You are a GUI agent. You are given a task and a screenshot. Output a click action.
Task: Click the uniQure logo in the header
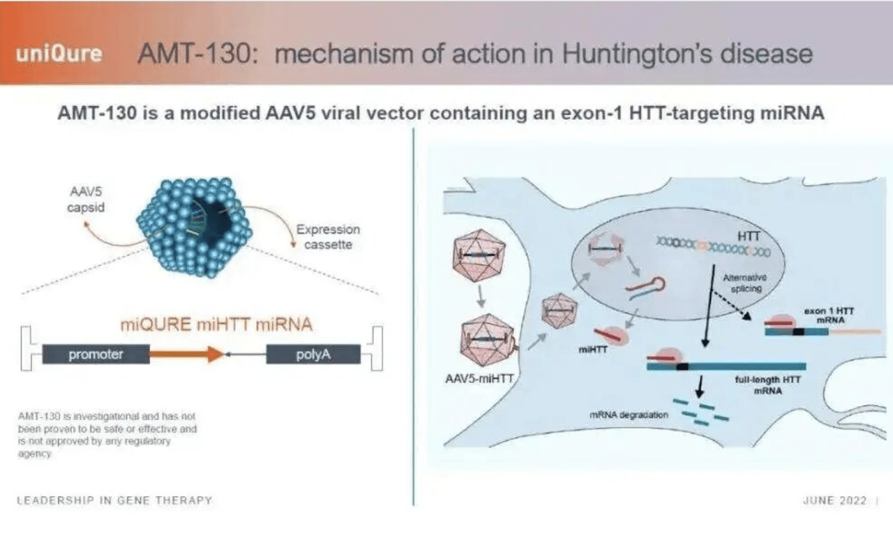click(59, 54)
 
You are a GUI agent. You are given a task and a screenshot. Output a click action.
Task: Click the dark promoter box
click(96, 354)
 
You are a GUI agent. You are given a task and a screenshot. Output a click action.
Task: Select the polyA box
click(313, 354)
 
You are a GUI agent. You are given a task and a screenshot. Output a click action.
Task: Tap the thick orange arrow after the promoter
click(186, 354)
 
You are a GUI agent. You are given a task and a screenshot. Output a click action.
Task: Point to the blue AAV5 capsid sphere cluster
click(195, 227)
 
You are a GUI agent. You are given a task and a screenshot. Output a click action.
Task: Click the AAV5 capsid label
click(86, 200)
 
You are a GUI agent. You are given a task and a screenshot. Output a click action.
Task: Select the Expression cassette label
click(328, 237)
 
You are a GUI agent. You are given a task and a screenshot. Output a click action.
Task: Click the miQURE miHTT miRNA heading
click(216, 325)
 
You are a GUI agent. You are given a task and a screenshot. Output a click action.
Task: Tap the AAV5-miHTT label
click(479, 378)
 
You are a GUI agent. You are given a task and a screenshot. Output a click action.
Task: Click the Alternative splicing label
click(745, 283)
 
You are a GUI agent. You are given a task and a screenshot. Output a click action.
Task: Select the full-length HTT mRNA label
click(768, 385)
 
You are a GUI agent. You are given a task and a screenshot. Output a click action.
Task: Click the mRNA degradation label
click(629, 415)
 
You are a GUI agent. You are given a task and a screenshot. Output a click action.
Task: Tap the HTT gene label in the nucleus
click(749, 237)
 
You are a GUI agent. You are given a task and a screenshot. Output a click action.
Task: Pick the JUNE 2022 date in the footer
click(835, 500)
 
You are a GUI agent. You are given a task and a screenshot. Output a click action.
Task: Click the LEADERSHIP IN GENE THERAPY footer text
click(114, 500)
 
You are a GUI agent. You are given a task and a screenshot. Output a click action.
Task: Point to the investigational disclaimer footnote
click(107, 435)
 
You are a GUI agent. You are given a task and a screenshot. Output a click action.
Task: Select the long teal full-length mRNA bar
click(726, 366)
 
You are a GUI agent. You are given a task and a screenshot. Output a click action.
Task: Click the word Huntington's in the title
click(637, 54)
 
